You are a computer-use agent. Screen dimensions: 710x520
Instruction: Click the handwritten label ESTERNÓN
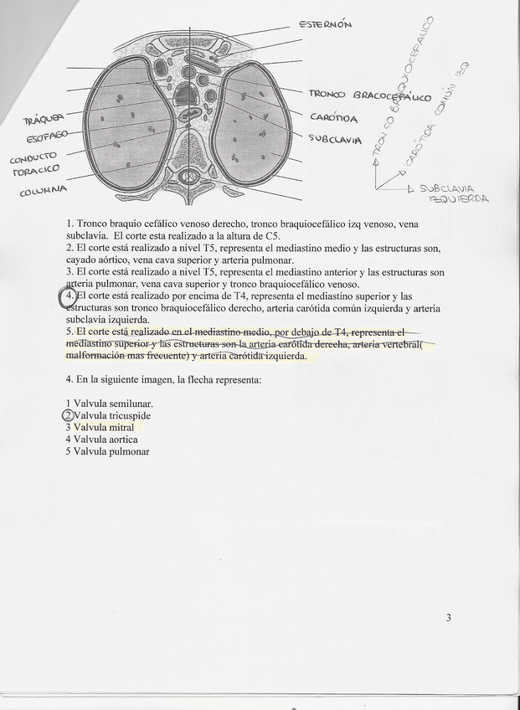(326, 24)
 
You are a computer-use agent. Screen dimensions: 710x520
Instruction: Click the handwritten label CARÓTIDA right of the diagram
(334, 118)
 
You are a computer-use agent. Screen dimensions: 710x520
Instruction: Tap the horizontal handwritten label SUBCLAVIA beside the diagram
(335, 138)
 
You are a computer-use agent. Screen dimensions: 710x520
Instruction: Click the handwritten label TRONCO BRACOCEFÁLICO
(370, 96)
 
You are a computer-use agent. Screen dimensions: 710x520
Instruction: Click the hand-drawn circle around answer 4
(69, 297)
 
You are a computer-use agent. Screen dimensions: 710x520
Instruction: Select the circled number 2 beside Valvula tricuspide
(69, 415)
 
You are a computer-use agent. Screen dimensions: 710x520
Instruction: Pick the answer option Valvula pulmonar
(111, 451)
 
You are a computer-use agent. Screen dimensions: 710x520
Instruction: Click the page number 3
(449, 618)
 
